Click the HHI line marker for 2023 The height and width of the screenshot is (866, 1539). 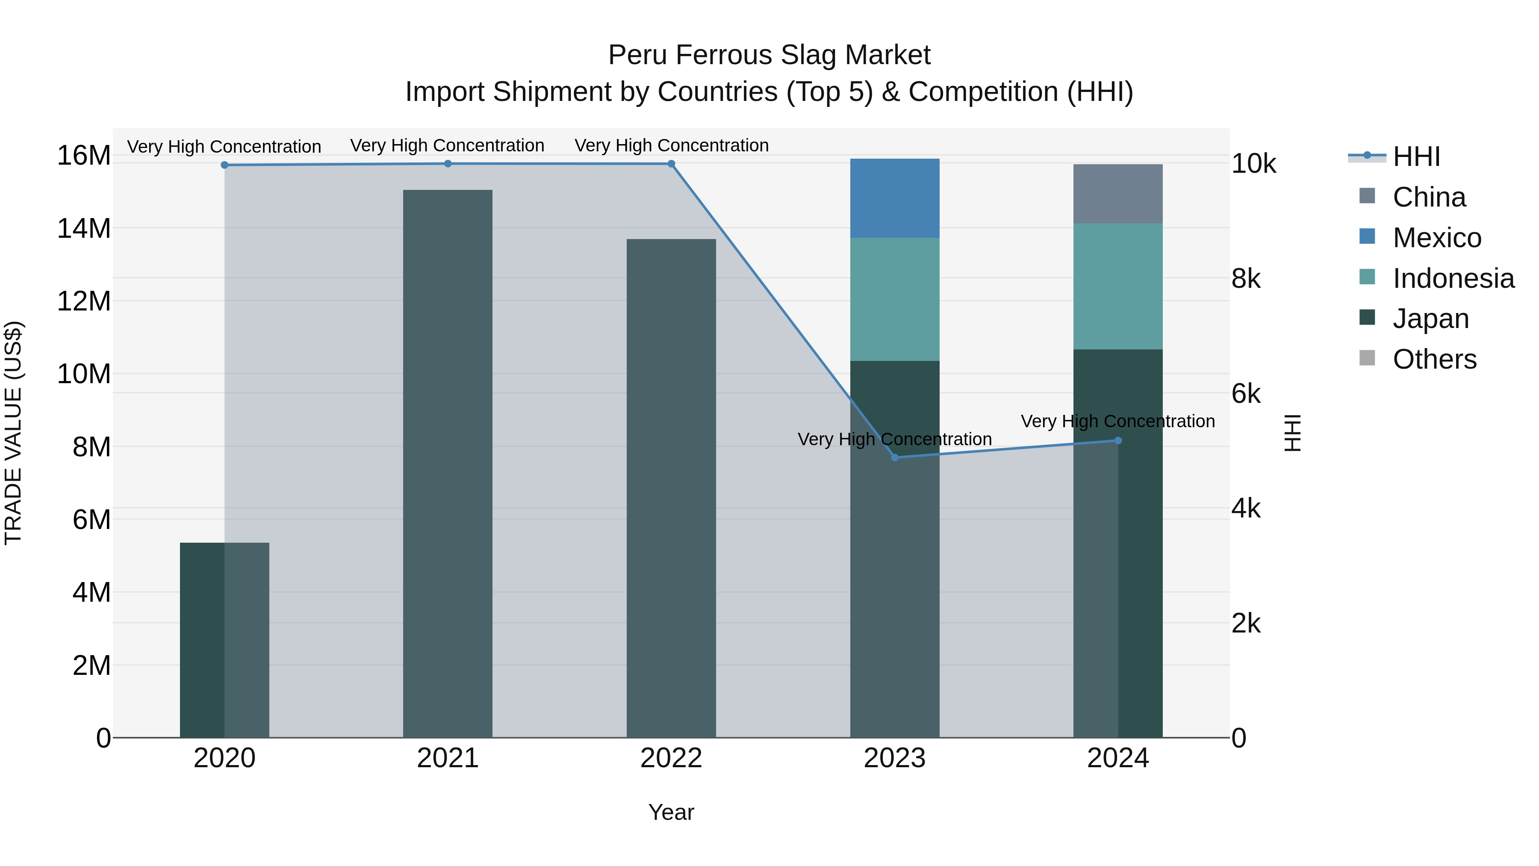tap(894, 457)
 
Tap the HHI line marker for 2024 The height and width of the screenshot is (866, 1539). tap(1118, 440)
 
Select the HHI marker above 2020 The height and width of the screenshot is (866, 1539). tap(224, 165)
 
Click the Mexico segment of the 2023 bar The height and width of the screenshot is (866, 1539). tap(894, 198)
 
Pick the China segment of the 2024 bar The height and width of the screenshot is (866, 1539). tap(1118, 194)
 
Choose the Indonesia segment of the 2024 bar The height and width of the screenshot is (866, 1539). tap(1118, 286)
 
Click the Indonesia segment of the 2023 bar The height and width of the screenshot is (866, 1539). tap(894, 299)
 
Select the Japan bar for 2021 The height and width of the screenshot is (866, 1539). tap(448, 463)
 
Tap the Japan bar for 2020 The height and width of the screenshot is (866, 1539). tap(224, 639)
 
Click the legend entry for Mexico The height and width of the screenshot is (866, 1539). tap(1436, 238)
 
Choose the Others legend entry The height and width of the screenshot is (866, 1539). tap(1434, 359)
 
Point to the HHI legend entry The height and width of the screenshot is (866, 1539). tap(1416, 157)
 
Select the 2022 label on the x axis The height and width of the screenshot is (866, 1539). tap(671, 758)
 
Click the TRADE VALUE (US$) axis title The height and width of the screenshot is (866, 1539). tap(13, 433)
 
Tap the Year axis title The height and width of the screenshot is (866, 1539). tap(671, 812)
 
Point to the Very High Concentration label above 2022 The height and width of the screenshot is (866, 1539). tap(671, 145)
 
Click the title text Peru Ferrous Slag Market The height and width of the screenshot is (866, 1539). tap(769, 55)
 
